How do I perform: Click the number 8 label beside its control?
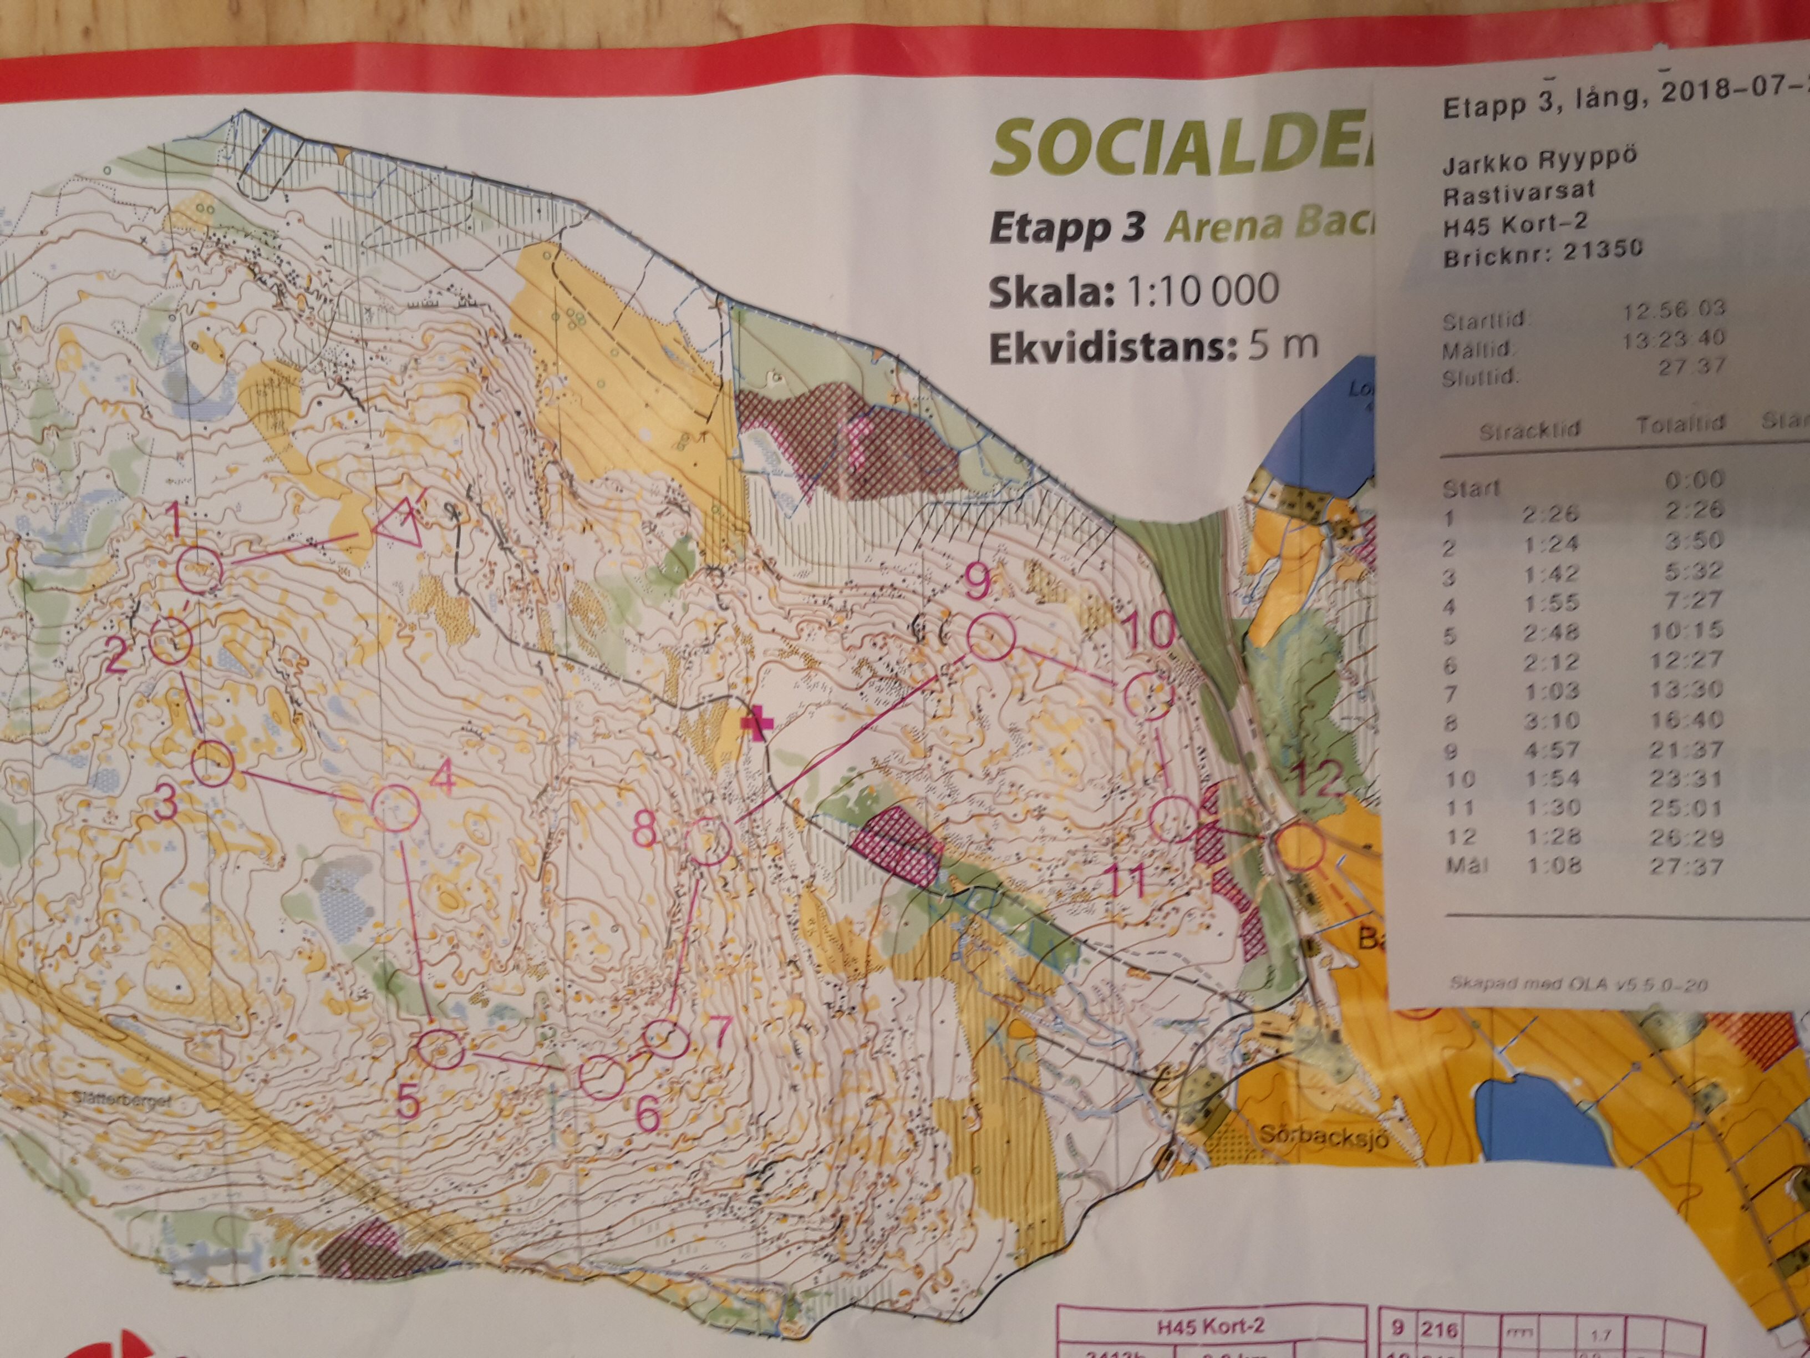645,830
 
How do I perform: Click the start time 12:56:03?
1674,308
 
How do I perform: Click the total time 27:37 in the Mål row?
1686,866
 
